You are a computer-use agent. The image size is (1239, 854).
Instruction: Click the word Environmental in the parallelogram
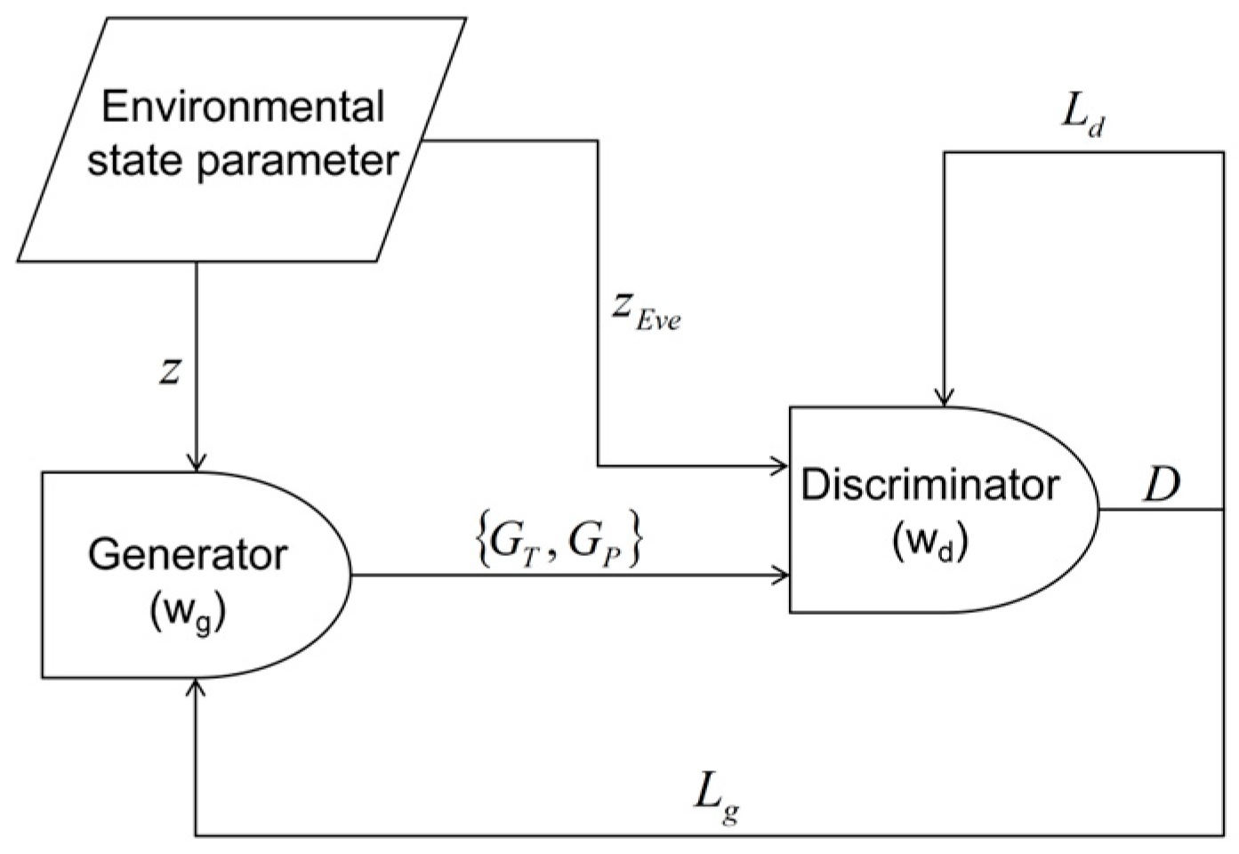tap(243, 108)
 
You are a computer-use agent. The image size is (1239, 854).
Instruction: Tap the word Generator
tap(188, 554)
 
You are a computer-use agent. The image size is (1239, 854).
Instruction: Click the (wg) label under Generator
tap(188, 613)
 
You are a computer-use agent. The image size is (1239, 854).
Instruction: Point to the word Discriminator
tap(930, 486)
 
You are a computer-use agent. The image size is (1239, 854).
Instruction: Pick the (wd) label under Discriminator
tap(929, 544)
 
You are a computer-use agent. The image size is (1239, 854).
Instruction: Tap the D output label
tap(1162, 486)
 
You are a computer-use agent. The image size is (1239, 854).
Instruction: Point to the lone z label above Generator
tap(169, 371)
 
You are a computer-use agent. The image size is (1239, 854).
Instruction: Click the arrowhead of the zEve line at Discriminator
tap(782, 465)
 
